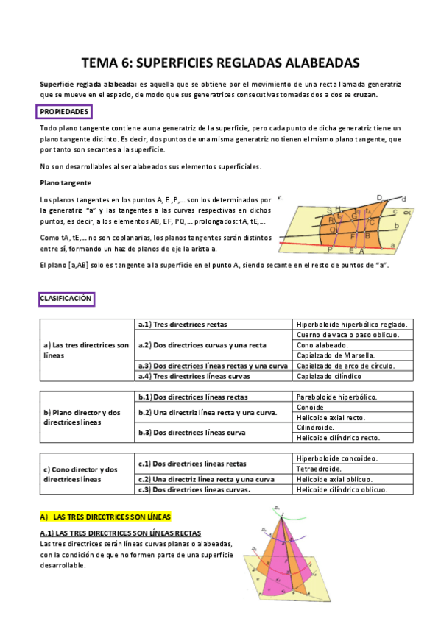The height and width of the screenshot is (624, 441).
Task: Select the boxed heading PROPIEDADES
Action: coord(65,112)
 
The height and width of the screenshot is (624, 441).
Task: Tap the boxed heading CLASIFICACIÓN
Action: coord(66,299)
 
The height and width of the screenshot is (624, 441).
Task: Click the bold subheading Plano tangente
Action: coord(66,182)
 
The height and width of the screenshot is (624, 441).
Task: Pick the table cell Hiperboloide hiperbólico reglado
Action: coord(352,325)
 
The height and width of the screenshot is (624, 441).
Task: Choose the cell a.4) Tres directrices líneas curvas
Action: coord(194,376)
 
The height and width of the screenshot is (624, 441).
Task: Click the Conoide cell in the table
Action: coord(309,407)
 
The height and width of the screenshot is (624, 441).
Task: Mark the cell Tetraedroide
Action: coord(320,469)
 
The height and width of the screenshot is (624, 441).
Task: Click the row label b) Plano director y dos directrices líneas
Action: coord(82,417)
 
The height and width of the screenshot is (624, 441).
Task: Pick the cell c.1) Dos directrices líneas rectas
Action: coord(193,464)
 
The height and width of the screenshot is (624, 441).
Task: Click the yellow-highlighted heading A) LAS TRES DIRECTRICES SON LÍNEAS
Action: coord(105,517)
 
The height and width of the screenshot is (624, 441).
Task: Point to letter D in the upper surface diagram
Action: coord(378,198)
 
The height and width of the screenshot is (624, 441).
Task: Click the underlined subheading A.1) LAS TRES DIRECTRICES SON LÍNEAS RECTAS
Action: coord(120,533)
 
